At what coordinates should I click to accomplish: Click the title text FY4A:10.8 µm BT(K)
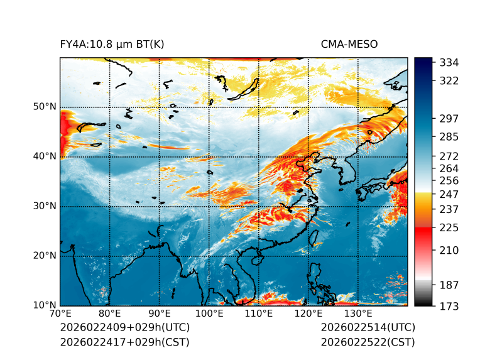112,44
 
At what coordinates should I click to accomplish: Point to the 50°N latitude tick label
45,107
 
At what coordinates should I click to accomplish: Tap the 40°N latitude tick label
45,156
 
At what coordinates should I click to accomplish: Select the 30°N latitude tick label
45,206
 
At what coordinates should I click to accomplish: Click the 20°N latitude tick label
45,256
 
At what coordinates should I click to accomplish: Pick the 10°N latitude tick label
45,305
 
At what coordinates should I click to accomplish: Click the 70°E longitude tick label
60,314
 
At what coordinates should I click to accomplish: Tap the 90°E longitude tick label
160,314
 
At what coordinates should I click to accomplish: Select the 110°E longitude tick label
259,314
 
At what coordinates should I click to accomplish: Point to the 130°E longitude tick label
358,314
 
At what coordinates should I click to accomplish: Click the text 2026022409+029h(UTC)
124,327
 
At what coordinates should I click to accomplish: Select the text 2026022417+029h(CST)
124,342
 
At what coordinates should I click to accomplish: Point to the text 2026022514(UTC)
368,327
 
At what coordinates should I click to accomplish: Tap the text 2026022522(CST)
368,342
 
